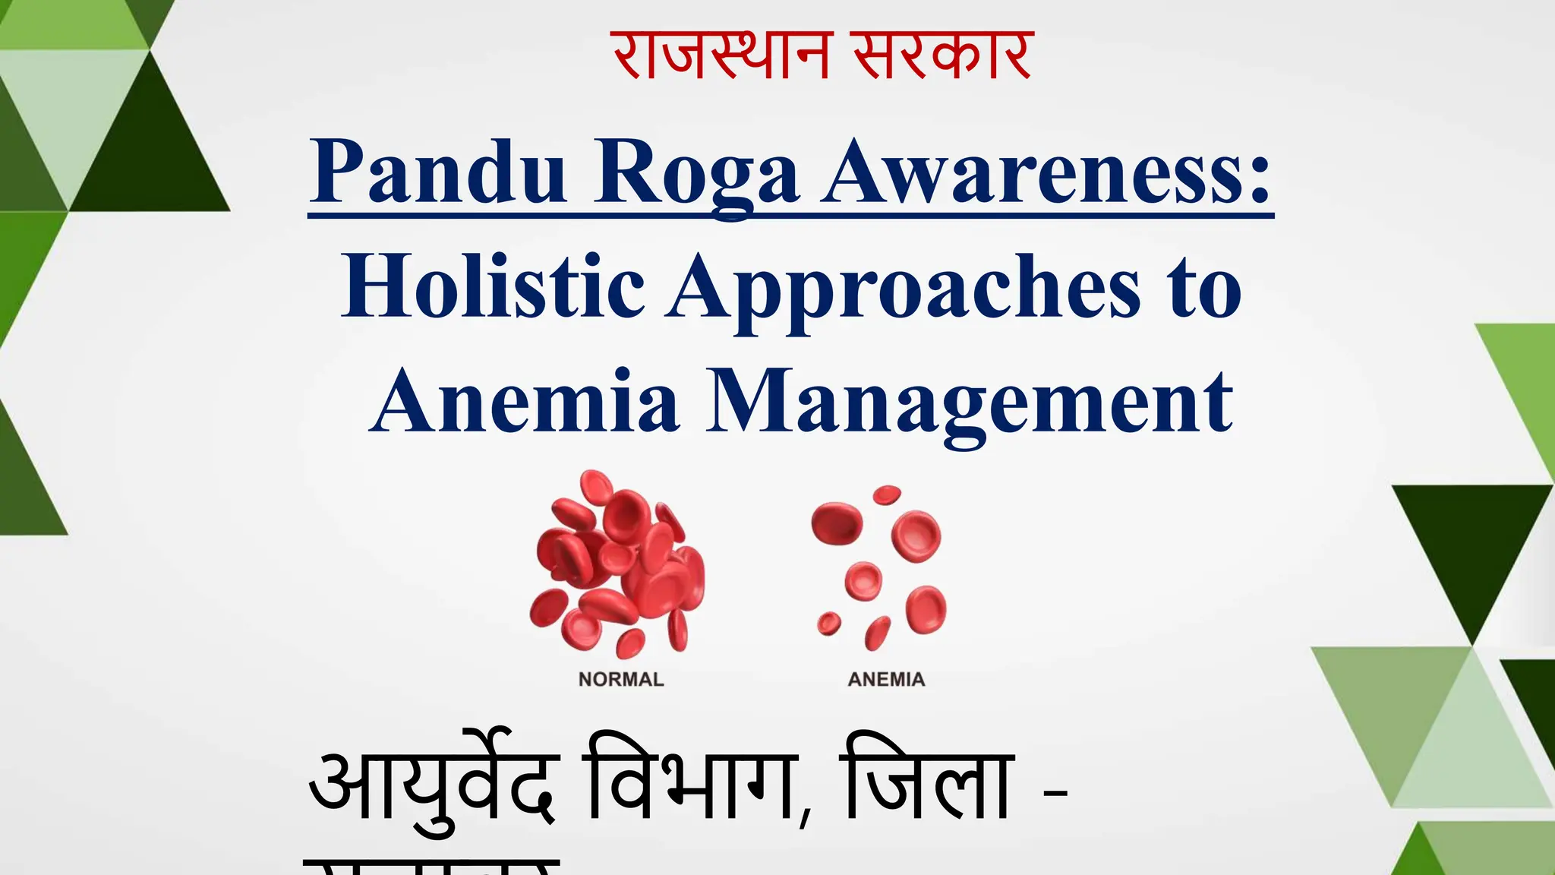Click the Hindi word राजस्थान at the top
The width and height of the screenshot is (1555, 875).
point(721,55)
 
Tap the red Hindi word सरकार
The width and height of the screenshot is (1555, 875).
point(942,55)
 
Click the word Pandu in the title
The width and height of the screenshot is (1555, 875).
point(439,173)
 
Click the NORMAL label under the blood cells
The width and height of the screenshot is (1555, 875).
point(621,679)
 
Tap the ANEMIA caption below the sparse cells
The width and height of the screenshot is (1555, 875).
point(886,679)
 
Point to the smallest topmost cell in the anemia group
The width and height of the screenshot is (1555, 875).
point(886,495)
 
